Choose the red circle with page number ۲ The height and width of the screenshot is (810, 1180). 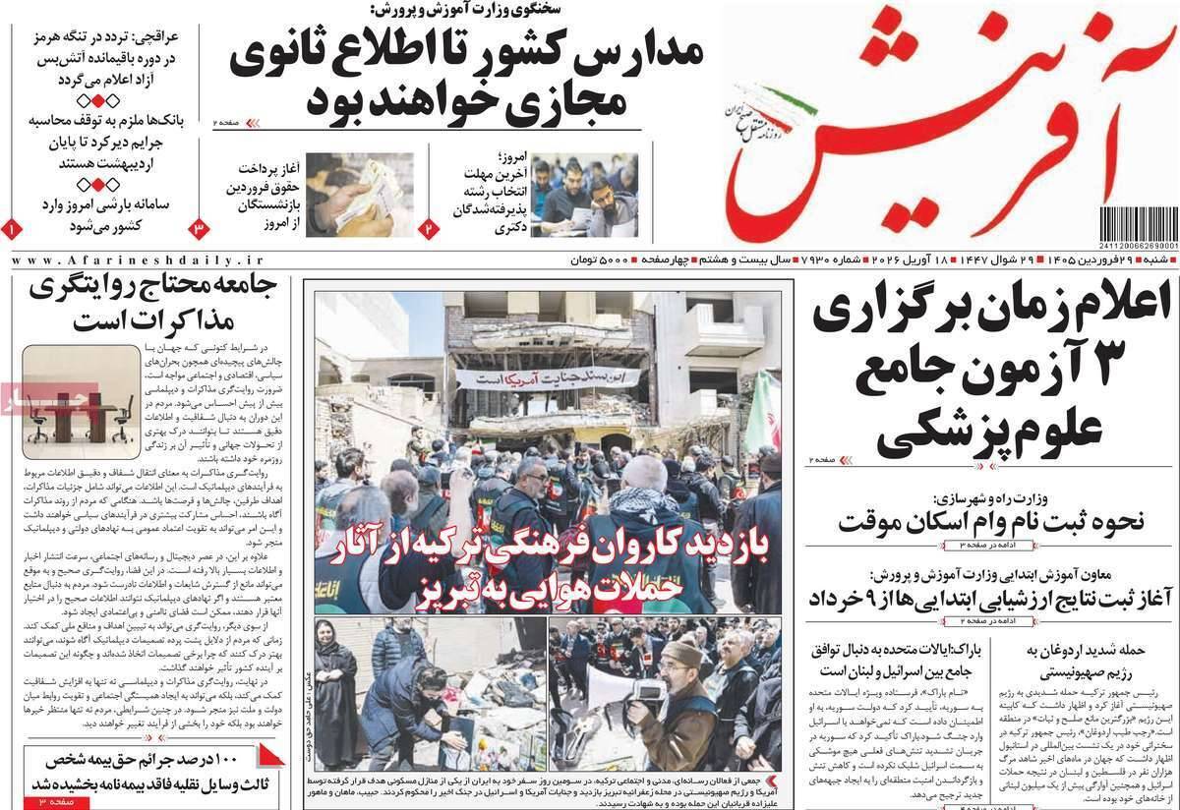[x=430, y=228]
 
